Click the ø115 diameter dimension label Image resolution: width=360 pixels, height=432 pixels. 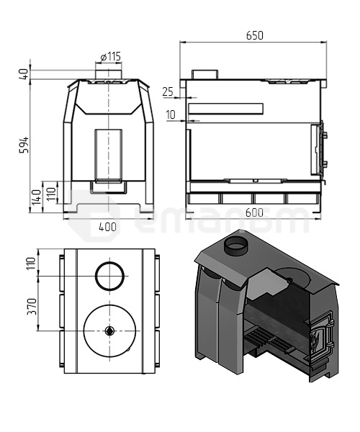coord(109,56)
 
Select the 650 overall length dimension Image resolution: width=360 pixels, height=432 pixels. coord(254,35)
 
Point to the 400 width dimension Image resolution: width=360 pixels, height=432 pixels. coord(107,227)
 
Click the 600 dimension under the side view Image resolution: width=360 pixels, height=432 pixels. coord(254,212)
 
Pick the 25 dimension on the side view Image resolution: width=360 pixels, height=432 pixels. coord(168,91)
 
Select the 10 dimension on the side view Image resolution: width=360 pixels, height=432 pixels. coord(170,114)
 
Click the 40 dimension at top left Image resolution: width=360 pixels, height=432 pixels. coord(24,73)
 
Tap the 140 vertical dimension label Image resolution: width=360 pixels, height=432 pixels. coord(36,197)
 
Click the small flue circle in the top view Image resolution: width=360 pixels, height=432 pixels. coord(109,275)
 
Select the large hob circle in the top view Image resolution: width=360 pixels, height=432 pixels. coord(109,330)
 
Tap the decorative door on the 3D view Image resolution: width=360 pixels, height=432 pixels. coord(320,338)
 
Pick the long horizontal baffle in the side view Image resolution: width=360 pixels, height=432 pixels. coord(225,109)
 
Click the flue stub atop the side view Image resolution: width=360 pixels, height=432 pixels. coord(205,75)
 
